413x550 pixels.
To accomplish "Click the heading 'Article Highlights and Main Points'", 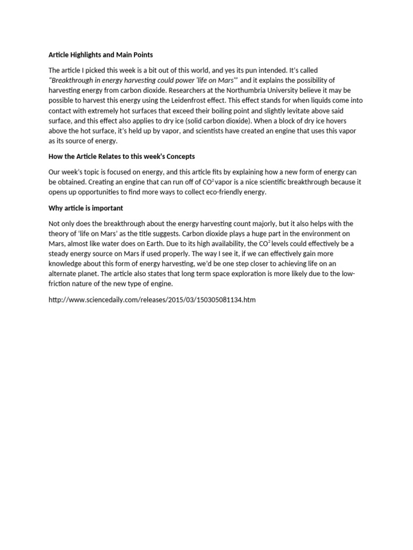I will [x=101, y=55].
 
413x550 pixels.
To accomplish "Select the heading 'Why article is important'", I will [x=86, y=208].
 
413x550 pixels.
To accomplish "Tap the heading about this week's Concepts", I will [x=122, y=156].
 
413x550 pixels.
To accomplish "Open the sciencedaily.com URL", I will [x=152, y=300].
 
